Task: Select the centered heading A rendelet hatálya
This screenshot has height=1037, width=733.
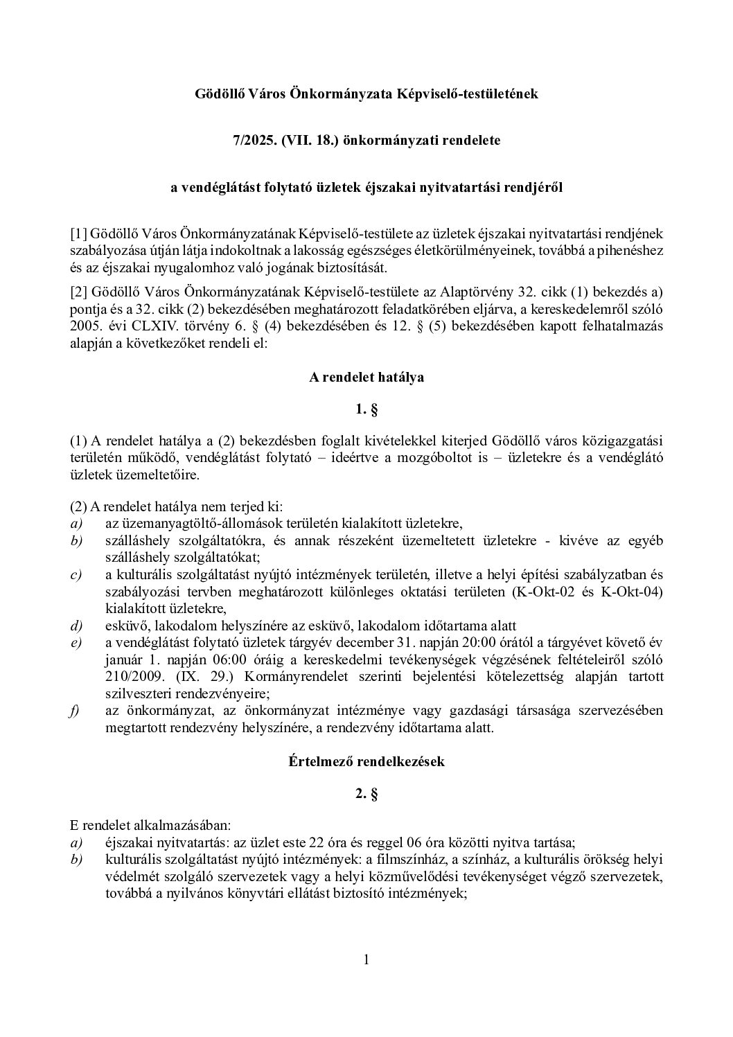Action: point(366,378)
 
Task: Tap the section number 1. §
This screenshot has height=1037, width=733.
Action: point(366,410)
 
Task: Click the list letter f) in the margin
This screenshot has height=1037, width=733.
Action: point(76,711)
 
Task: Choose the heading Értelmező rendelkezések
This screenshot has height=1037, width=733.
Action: point(366,761)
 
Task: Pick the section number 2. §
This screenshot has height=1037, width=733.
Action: point(366,795)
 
